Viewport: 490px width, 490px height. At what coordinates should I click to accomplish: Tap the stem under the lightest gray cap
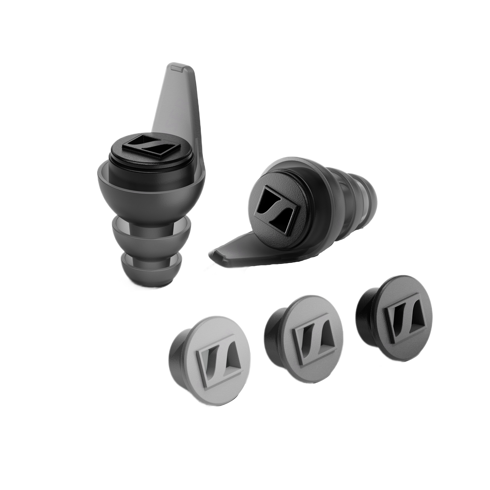click(175, 363)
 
